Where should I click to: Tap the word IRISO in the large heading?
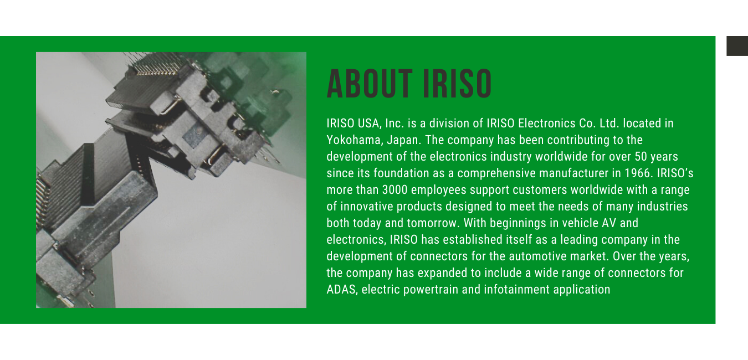(x=458, y=84)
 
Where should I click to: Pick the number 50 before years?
(x=641, y=157)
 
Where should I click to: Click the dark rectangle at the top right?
(x=737, y=46)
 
